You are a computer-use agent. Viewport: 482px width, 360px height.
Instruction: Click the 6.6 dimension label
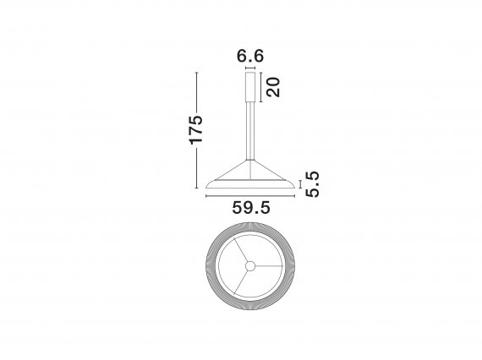(250, 56)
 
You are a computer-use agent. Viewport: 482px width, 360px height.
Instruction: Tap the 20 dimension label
(273, 87)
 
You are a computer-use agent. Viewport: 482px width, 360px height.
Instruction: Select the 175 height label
(196, 129)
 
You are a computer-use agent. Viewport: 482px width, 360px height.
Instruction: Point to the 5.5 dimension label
(312, 184)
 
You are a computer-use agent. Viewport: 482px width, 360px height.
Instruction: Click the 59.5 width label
(251, 208)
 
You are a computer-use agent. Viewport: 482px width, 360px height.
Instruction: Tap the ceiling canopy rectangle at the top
(250, 87)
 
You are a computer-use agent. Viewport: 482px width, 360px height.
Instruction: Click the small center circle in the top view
(250, 266)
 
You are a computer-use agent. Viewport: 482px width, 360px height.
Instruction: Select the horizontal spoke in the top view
(269, 266)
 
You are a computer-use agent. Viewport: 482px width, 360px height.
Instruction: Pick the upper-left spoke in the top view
(241, 250)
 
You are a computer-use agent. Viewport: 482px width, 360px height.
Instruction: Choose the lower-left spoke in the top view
(241, 281)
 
